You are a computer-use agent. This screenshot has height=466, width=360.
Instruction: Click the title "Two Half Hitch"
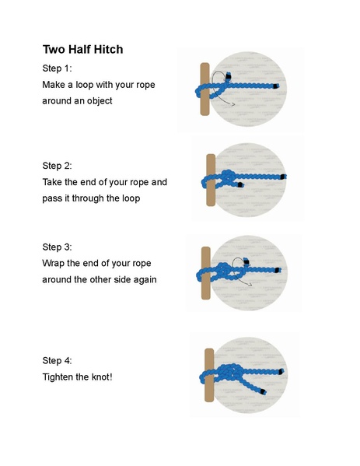(82, 50)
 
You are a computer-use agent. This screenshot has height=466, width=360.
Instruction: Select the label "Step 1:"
(57, 68)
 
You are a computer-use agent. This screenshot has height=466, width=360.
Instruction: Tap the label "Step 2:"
(57, 166)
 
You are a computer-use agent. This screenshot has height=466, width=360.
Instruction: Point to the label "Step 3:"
(57, 247)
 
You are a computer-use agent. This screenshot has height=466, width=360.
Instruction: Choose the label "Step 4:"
(57, 360)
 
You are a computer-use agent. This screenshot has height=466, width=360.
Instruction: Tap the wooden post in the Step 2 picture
(210, 180)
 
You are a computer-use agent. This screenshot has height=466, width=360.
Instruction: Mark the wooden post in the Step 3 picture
(205, 272)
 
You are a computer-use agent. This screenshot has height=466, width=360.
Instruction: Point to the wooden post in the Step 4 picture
(209, 377)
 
